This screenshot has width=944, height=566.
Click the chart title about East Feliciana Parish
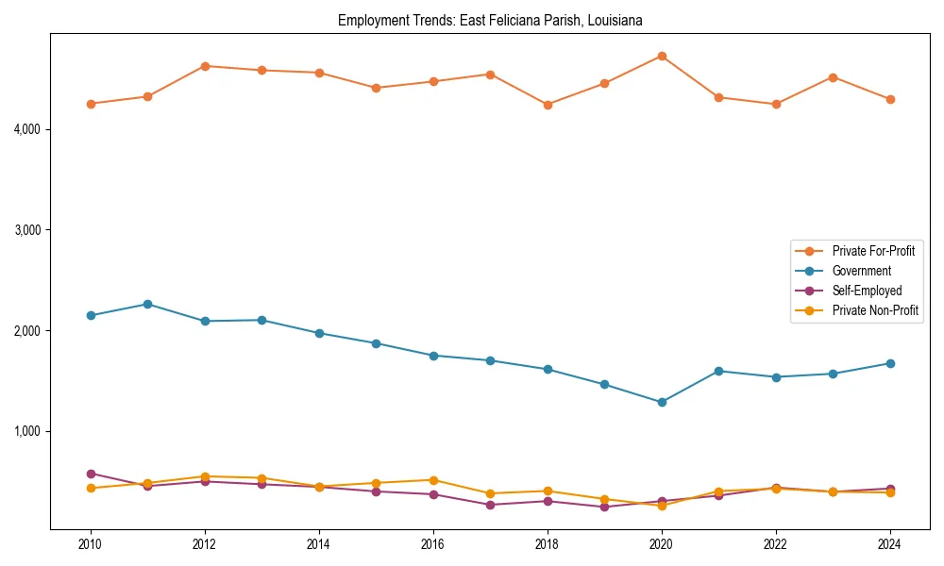click(490, 20)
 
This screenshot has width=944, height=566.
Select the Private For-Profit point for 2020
click(662, 57)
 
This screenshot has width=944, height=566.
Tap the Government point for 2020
click(662, 402)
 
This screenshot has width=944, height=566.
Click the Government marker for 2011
click(147, 304)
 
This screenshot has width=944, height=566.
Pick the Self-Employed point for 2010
click(91, 474)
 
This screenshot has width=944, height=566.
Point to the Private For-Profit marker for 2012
click(205, 66)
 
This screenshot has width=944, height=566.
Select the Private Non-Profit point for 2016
click(433, 480)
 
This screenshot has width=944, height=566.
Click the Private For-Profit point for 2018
click(548, 105)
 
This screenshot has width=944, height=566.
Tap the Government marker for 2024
click(890, 363)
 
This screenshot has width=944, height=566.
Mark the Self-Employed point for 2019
click(604, 507)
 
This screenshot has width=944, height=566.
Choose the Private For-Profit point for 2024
click(890, 99)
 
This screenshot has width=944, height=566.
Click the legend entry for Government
click(861, 271)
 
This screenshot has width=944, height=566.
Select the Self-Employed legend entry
click(867, 291)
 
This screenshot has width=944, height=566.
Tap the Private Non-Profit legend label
click(875, 310)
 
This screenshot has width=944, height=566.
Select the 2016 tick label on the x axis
click(433, 544)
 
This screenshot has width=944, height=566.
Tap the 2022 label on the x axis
click(776, 544)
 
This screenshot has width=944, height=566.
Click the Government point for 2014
click(319, 333)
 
